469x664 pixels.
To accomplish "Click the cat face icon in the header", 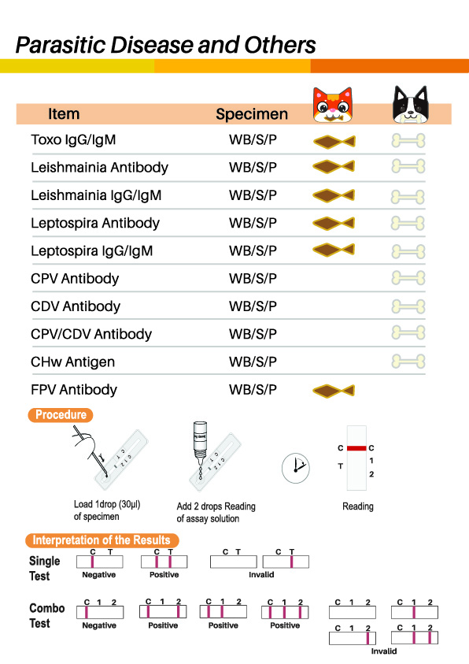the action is point(332,104).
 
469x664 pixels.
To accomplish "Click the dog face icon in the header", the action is point(410,104).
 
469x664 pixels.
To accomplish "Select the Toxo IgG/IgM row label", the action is point(73,139).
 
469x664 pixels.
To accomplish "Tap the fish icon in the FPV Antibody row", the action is point(334,391).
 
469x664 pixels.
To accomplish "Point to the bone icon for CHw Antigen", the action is point(408,362).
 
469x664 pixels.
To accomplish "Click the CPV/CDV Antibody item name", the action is point(91,334).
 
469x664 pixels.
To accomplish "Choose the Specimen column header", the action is point(252,114).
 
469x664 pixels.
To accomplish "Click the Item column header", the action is point(64,114).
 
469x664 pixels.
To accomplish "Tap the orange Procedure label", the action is point(61,414).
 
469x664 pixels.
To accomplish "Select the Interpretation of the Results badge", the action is point(102,540).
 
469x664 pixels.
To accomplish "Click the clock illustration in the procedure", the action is point(296,468).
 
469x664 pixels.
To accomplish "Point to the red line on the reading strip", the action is point(356,448).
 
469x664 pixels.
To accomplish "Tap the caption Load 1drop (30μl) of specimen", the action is point(107,510).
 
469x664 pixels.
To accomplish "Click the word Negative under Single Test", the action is point(99,575).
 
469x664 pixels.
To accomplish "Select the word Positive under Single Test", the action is point(164,575).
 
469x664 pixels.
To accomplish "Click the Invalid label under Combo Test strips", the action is point(383,651).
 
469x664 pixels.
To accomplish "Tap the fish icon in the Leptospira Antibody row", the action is point(334,223).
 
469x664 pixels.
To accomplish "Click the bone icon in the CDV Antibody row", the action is point(408,306).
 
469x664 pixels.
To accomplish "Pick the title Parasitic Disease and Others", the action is point(166,45).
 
